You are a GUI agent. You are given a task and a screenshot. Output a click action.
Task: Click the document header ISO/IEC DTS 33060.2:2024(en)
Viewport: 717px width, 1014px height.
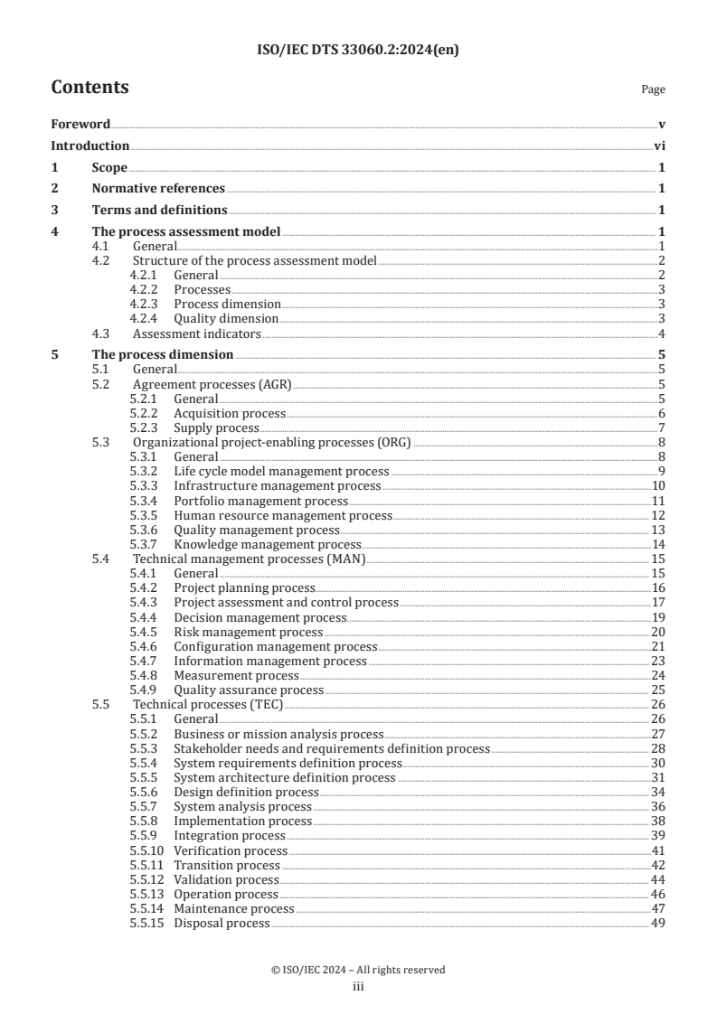pos(358,51)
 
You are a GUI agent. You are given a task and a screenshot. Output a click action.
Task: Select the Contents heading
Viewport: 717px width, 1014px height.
pos(90,88)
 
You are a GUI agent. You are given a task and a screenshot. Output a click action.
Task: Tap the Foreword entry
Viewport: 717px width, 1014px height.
pos(80,124)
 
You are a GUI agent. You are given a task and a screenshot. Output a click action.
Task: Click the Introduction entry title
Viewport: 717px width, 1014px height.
pos(90,146)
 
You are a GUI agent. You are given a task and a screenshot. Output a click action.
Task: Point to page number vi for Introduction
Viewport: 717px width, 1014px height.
pos(659,146)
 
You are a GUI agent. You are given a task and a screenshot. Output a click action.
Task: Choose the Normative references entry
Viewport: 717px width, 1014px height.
pos(158,188)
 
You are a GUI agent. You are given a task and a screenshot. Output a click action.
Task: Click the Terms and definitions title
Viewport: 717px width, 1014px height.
pos(159,210)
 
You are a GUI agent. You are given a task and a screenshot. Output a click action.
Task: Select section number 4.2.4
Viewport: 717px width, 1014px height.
pos(146,318)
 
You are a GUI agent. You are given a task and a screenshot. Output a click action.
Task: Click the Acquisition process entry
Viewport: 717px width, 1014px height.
pos(230,412)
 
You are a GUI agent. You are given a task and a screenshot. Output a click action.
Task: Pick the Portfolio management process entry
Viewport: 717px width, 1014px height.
pos(260,501)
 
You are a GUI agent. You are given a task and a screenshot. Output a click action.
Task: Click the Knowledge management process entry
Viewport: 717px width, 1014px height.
pos(267,544)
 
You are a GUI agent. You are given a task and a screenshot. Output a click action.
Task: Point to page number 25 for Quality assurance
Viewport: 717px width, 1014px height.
pos(658,690)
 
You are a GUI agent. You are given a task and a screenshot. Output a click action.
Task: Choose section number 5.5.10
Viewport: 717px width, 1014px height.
pos(148,850)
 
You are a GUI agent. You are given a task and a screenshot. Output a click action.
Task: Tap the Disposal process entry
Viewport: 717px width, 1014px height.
pos(222,923)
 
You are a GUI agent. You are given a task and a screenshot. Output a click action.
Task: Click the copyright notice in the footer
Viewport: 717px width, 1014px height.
pos(358,970)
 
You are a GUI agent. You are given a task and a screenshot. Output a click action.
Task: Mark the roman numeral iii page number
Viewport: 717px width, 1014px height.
pos(358,987)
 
